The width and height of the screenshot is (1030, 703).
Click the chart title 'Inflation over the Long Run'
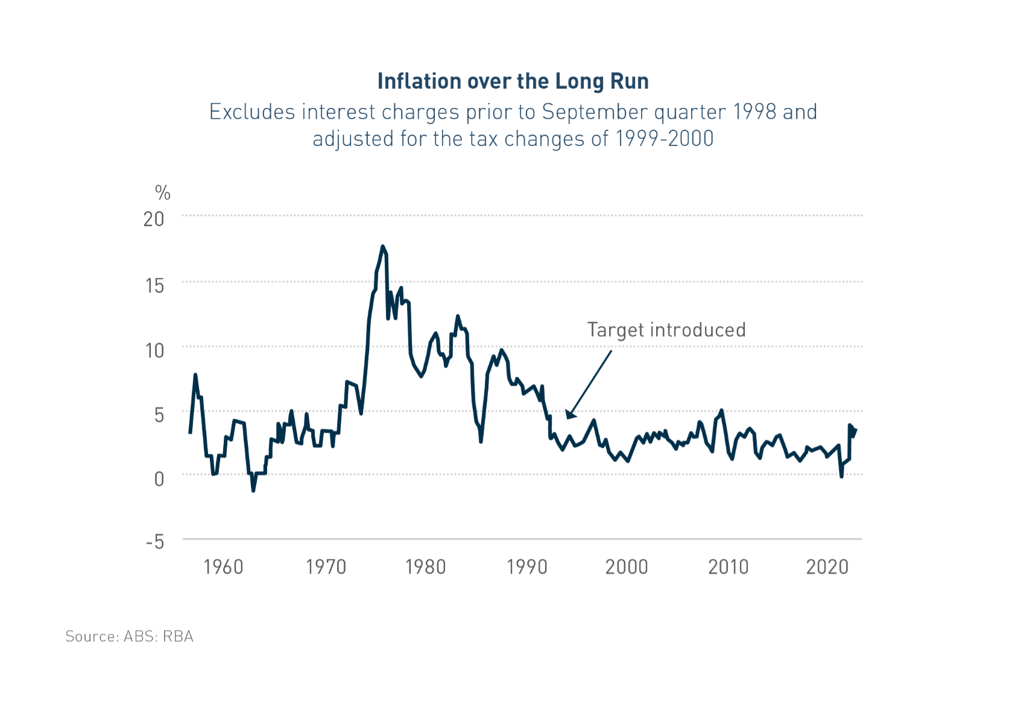tap(513, 81)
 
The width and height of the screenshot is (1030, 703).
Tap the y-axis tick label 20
tap(154, 219)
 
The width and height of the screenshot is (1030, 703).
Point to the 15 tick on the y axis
tap(154, 286)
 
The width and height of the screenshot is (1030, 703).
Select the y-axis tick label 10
tap(154, 350)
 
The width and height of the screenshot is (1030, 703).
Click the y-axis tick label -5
tap(155, 541)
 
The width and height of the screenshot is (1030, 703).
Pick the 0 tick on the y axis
tap(159, 479)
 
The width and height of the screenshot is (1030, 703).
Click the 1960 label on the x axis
tap(223, 567)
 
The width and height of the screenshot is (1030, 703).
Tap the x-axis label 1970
tap(326, 567)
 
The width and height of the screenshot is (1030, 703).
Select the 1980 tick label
tap(426, 567)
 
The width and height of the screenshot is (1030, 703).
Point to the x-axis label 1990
tap(527, 567)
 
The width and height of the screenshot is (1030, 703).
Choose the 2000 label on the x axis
tap(627, 567)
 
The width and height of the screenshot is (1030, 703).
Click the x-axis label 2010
tap(728, 567)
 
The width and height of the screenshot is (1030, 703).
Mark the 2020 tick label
tap(827, 567)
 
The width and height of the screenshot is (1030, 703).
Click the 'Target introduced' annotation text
tap(666, 330)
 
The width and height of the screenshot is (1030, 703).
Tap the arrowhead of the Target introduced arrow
tap(570, 415)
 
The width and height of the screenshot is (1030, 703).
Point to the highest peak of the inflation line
tap(382, 246)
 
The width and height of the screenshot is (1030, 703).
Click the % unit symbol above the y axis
tap(163, 193)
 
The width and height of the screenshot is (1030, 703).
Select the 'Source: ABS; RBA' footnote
tap(130, 637)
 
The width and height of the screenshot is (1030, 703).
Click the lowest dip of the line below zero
tap(253, 491)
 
